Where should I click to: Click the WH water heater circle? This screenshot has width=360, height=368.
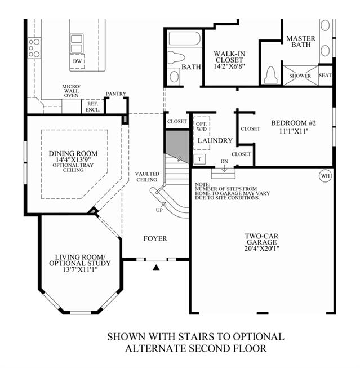(325, 176)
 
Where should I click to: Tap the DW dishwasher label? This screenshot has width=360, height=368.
(77, 61)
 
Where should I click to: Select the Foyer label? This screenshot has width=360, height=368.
(155, 238)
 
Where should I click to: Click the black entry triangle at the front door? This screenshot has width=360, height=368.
(156, 267)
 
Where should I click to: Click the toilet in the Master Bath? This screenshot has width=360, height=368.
(270, 74)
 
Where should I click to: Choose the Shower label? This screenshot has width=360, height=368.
(300, 76)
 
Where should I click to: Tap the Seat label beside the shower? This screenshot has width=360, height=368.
(325, 75)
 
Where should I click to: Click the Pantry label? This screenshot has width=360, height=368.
(116, 94)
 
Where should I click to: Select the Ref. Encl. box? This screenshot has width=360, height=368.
(92, 107)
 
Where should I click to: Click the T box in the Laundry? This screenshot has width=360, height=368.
(199, 159)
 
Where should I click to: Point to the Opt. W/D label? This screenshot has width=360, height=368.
(202, 126)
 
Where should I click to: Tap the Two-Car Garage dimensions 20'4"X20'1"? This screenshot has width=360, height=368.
(262, 249)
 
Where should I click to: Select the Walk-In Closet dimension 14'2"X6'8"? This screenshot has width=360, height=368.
(229, 66)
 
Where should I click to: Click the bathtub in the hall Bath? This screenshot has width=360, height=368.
(185, 38)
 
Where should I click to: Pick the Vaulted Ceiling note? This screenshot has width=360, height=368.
(147, 177)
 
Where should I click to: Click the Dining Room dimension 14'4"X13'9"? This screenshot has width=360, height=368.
(73, 160)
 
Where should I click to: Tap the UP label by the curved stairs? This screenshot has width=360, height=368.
(159, 210)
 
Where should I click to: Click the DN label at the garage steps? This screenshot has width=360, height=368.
(224, 162)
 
